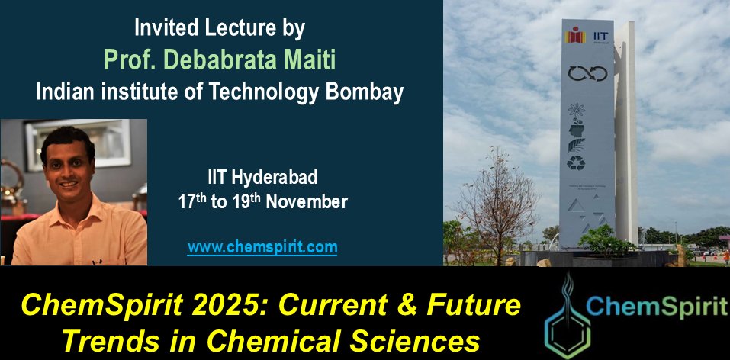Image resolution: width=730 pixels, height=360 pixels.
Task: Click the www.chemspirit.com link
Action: pyautogui.click(x=262, y=247)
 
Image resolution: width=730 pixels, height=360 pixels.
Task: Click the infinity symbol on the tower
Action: pyautogui.click(x=587, y=73)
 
